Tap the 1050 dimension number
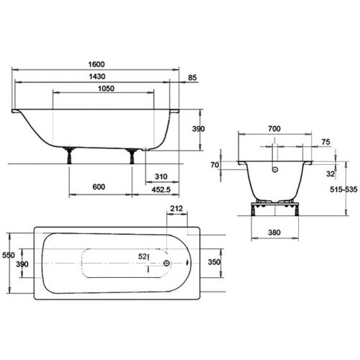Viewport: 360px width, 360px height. [x=102, y=89]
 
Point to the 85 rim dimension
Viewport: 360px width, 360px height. [x=193, y=77]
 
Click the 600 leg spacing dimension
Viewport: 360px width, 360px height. [x=99, y=187]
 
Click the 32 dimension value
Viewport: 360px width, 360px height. [x=329, y=174]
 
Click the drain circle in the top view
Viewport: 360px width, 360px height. [x=167, y=264]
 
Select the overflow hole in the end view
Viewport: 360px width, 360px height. [x=274, y=170]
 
